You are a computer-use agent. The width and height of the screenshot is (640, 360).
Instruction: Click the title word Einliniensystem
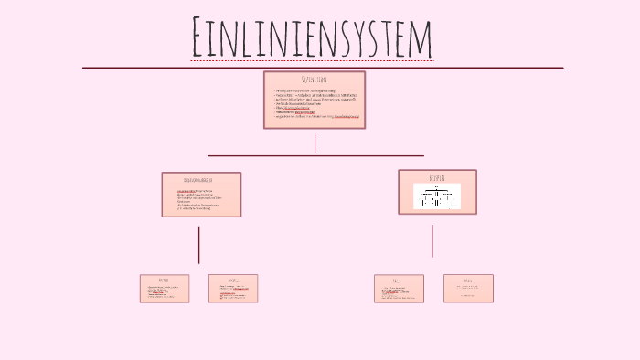312,37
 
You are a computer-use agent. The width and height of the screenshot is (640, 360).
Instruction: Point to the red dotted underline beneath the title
312,61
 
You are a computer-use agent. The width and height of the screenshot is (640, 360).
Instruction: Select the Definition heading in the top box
315,80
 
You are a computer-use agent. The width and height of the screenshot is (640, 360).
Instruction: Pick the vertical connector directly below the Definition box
315,143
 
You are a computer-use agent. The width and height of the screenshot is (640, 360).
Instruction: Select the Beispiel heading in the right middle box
437,177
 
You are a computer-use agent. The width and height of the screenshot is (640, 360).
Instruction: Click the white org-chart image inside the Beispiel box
437,196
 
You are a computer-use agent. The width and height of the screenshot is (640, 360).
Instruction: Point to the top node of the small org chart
437,188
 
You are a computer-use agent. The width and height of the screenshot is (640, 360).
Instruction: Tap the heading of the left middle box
201,181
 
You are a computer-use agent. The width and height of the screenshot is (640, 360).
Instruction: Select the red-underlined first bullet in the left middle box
193,191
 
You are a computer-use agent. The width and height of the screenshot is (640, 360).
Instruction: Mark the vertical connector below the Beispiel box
432,240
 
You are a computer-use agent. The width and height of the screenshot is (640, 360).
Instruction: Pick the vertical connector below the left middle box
199,244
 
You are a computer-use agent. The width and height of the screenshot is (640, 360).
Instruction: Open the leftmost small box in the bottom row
165,289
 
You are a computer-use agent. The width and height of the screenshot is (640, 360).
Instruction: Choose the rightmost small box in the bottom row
468,288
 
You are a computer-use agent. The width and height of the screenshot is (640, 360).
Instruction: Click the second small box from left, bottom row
233,289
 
